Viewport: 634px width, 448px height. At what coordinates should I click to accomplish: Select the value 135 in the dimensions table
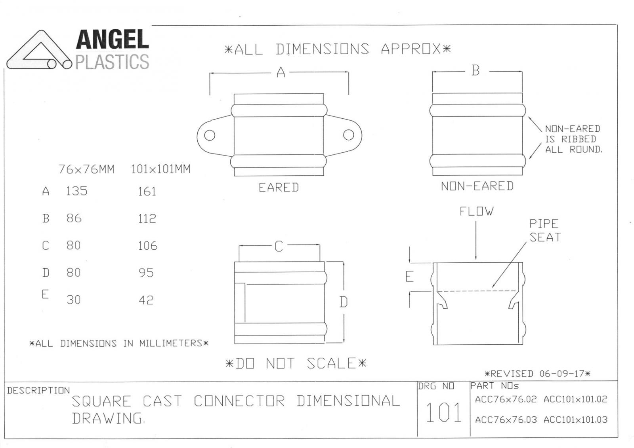pyautogui.click(x=77, y=191)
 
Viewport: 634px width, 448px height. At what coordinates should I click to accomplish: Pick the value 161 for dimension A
pyautogui.click(x=147, y=192)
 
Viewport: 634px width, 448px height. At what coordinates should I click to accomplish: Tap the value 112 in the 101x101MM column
pyautogui.click(x=147, y=218)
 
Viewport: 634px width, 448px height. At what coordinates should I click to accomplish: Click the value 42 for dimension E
pyautogui.click(x=146, y=300)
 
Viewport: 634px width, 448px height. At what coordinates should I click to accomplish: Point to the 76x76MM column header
pyautogui.click(x=86, y=169)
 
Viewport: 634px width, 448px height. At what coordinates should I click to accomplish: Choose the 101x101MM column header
pyautogui.click(x=160, y=169)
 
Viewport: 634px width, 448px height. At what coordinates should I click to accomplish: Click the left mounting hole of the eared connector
pyautogui.click(x=210, y=135)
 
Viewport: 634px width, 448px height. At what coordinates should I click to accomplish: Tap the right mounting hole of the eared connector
pyautogui.click(x=348, y=135)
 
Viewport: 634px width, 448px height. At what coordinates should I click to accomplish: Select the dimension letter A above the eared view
pyautogui.click(x=281, y=72)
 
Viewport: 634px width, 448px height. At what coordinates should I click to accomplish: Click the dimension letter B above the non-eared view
pyautogui.click(x=475, y=70)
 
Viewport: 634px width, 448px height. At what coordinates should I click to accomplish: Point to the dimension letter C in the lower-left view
pyautogui.click(x=279, y=246)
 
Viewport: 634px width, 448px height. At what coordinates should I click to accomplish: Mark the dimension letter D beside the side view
pyautogui.click(x=343, y=302)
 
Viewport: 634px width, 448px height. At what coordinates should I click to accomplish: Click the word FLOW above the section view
pyautogui.click(x=476, y=211)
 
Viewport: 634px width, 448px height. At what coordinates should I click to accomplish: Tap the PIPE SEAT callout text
pyautogui.click(x=545, y=230)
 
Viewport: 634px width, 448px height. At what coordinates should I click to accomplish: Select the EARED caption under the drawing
pyautogui.click(x=279, y=188)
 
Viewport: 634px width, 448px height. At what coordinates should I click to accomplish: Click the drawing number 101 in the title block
pyautogui.click(x=443, y=413)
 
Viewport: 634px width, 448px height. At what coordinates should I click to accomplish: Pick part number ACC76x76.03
pyautogui.click(x=506, y=420)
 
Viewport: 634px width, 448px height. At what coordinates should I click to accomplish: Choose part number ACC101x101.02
pyautogui.click(x=575, y=399)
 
